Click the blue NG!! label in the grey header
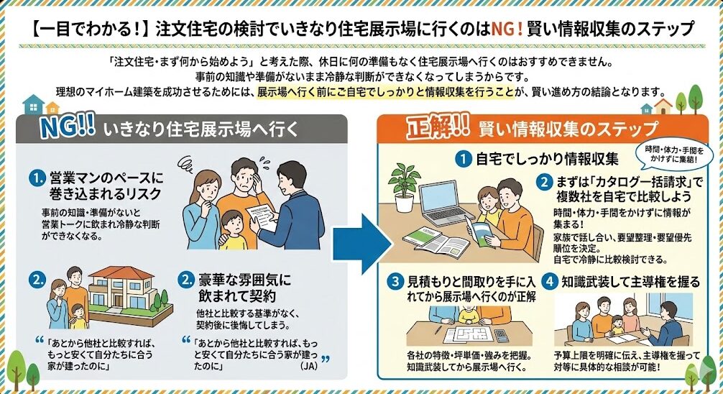68,126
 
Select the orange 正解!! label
438,126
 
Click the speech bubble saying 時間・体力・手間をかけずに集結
674,154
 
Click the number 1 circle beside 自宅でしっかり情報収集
464,159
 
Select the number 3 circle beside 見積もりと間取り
395,282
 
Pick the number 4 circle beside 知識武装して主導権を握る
549,282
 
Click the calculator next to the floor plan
501,336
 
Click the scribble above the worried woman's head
186,163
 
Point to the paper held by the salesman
261,217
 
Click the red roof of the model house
121,272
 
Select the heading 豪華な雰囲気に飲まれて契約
244,288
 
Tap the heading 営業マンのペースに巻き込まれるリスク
106,185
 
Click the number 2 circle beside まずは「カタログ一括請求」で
544,182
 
